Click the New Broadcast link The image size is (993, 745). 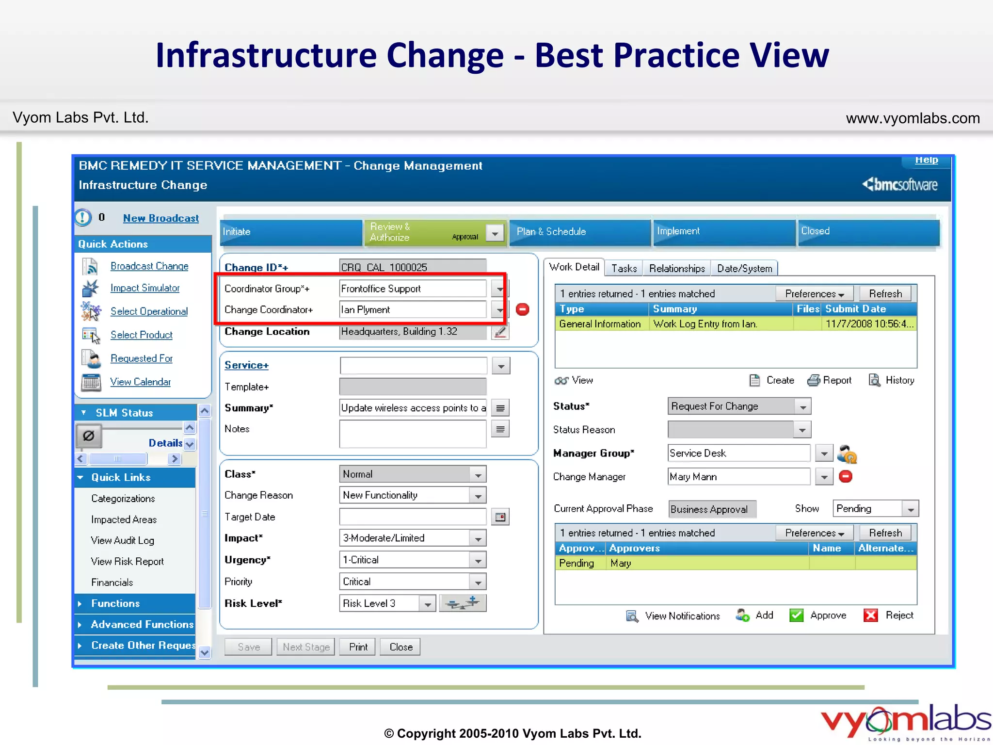click(x=160, y=218)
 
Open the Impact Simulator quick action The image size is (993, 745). click(x=144, y=288)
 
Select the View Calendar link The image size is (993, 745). click(x=140, y=382)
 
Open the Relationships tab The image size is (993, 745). click(x=677, y=269)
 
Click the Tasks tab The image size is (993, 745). click(x=624, y=269)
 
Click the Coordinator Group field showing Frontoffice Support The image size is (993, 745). click(x=413, y=289)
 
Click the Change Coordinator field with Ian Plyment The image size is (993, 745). click(x=413, y=310)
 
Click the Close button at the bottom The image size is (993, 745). click(x=400, y=647)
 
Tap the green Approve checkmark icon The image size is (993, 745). click(x=796, y=615)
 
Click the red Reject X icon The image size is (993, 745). click(x=871, y=615)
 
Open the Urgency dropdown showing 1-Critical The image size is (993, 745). click(x=478, y=560)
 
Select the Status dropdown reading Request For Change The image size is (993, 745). click(x=738, y=406)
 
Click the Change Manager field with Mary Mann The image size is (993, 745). click(x=738, y=477)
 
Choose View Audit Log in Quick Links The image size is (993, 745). click(x=122, y=541)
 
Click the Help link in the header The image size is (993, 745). click(x=926, y=160)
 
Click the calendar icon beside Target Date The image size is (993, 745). click(x=500, y=518)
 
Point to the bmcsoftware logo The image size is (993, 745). click(x=900, y=185)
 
